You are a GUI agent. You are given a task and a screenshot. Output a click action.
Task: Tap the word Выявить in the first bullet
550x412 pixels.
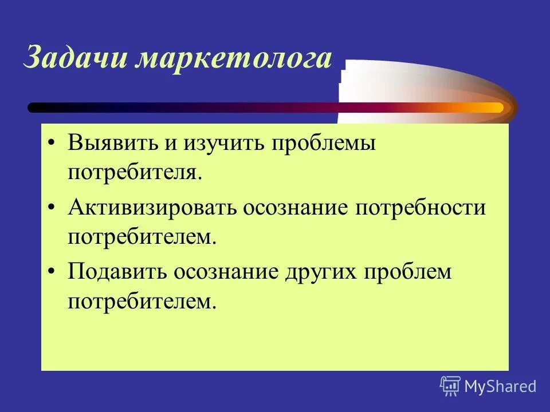tap(112, 144)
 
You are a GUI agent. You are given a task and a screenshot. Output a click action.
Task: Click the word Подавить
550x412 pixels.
tap(113, 272)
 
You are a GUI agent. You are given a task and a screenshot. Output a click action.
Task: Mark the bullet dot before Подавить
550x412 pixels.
tap(52, 272)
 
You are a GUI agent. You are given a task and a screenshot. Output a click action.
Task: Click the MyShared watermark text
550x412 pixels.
tap(500, 386)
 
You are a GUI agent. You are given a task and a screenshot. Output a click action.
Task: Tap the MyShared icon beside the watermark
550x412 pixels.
tap(450, 386)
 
